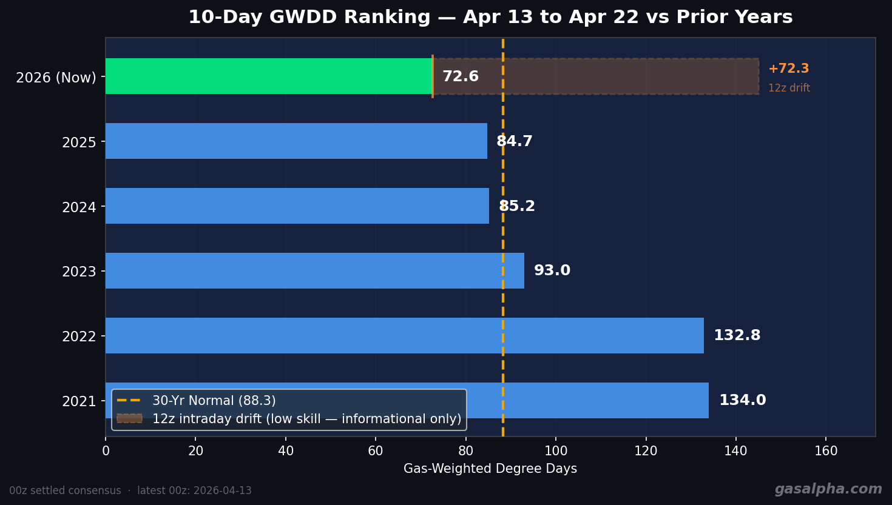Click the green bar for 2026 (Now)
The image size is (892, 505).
click(268, 76)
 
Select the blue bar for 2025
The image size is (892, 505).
click(296, 141)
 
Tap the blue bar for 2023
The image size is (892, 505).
click(314, 271)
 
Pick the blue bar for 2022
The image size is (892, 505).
click(404, 336)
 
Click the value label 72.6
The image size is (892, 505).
click(460, 77)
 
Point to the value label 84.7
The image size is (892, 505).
click(515, 142)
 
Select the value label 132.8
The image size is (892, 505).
click(737, 336)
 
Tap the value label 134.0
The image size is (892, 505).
click(742, 401)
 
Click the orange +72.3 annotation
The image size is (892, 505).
click(788, 69)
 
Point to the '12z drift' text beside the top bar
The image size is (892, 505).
click(789, 89)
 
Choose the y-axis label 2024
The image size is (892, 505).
click(79, 207)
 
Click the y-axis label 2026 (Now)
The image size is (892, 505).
click(56, 78)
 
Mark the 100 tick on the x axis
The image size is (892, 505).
click(556, 451)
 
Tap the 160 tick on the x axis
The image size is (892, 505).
click(826, 451)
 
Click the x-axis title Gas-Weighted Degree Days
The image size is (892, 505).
click(490, 469)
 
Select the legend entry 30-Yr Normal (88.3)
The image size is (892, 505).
click(214, 401)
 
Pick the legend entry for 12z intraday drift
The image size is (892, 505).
click(306, 419)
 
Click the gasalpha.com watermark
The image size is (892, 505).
click(828, 489)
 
